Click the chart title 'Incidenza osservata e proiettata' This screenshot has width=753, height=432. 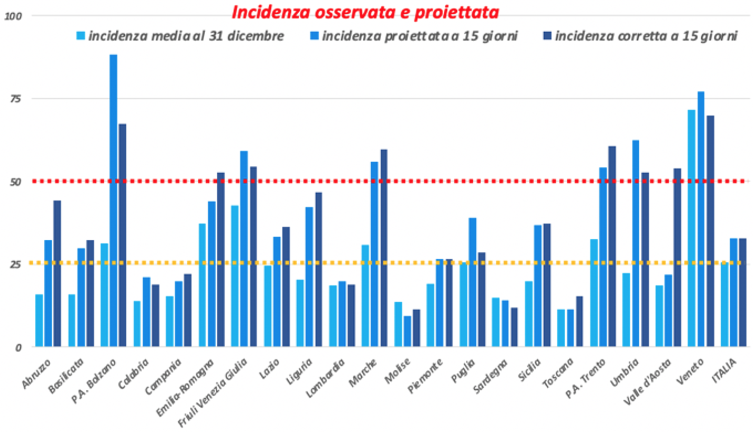[365, 12]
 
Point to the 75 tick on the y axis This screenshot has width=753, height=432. [19, 98]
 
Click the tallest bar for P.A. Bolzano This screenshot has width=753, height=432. [113, 201]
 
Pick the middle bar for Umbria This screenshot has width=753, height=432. [636, 243]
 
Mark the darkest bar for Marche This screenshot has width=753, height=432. [384, 248]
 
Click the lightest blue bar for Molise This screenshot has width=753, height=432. [398, 324]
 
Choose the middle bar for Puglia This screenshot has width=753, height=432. [472, 282]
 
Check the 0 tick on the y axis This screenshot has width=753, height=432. [19, 347]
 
